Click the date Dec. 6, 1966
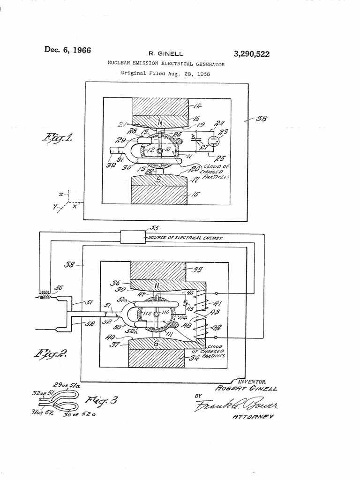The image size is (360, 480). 67,50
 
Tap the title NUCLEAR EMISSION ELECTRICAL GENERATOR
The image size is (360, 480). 166,63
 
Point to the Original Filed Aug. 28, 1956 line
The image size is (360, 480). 165,73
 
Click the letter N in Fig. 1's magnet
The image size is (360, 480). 160,122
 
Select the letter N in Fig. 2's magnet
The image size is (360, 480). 157,285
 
